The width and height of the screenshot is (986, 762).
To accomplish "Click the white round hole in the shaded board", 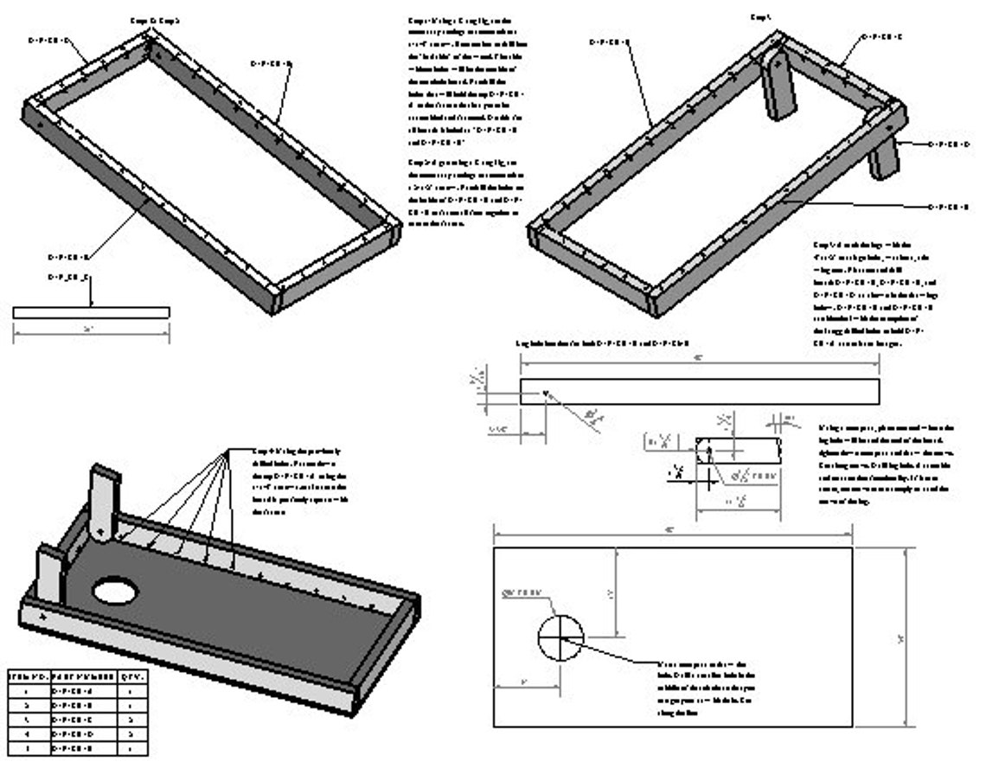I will [115, 592].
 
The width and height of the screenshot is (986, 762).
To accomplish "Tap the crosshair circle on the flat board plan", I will [560, 638].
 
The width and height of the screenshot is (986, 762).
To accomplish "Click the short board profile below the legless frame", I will [91, 312].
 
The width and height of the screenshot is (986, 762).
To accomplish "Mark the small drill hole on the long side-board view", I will [545, 394].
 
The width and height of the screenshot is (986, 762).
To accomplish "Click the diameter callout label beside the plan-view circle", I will [523, 592].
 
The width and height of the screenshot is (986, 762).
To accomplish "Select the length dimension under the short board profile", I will [91, 330].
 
